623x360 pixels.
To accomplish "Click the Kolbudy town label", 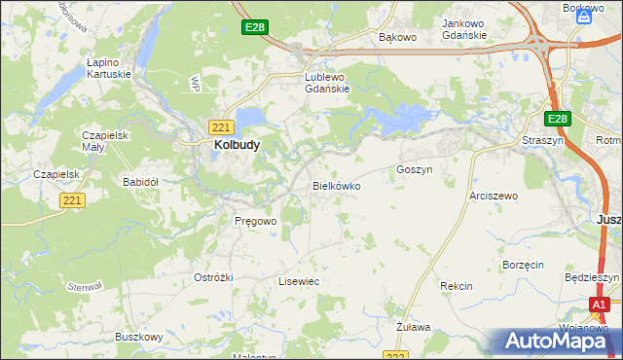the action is pyautogui.click(x=236, y=146).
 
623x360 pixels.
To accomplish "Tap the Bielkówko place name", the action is pyautogui.click(x=336, y=185).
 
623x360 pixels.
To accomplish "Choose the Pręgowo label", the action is pyautogui.click(x=256, y=221).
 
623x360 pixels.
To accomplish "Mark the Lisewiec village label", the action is pyautogui.click(x=299, y=281).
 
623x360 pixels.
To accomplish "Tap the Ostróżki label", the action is pyautogui.click(x=213, y=277).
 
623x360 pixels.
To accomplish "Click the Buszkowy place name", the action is pyautogui.click(x=138, y=337).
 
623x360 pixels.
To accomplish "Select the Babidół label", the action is pyautogui.click(x=140, y=182).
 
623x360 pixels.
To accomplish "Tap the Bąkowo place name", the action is pyautogui.click(x=397, y=38).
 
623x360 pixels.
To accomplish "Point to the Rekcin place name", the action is pyautogui.click(x=456, y=286).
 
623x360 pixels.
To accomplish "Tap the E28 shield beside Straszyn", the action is pyautogui.click(x=556, y=119).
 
